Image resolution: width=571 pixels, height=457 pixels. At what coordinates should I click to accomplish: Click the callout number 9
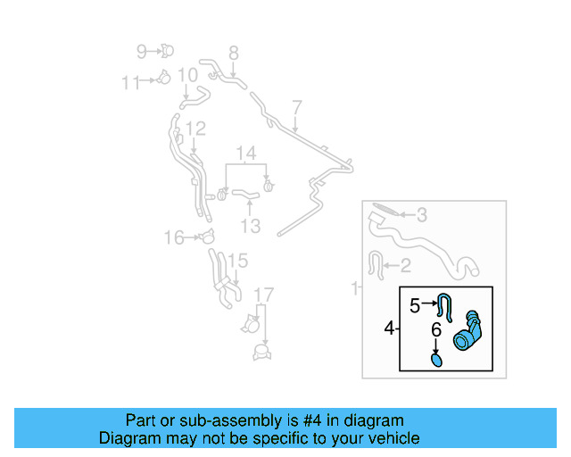click(142, 51)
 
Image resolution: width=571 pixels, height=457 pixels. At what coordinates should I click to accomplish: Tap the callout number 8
click(233, 53)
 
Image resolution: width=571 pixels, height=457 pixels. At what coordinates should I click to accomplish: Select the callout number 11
click(131, 82)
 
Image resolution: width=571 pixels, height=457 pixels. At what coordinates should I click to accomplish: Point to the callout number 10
click(187, 75)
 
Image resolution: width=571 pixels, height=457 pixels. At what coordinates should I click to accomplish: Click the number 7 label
click(296, 107)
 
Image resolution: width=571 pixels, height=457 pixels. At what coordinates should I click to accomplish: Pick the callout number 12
click(195, 129)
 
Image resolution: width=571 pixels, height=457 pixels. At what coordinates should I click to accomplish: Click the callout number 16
click(173, 237)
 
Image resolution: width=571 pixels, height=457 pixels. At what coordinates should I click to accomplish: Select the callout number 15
click(236, 261)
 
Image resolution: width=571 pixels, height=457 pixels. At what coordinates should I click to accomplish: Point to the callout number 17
click(263, 295)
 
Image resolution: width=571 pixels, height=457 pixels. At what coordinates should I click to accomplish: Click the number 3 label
click(422, 214)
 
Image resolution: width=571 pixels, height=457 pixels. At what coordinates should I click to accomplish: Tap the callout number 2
click(404, 264)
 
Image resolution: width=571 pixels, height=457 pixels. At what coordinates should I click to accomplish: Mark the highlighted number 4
click(389, 329)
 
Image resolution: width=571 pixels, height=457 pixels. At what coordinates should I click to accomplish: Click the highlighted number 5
click(414, 305)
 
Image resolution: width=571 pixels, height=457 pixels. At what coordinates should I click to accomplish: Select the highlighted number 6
click(436, 330)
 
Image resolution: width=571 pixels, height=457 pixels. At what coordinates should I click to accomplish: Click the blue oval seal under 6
click(436, 360)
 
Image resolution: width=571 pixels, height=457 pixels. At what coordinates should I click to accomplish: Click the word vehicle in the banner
click(387, 438)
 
